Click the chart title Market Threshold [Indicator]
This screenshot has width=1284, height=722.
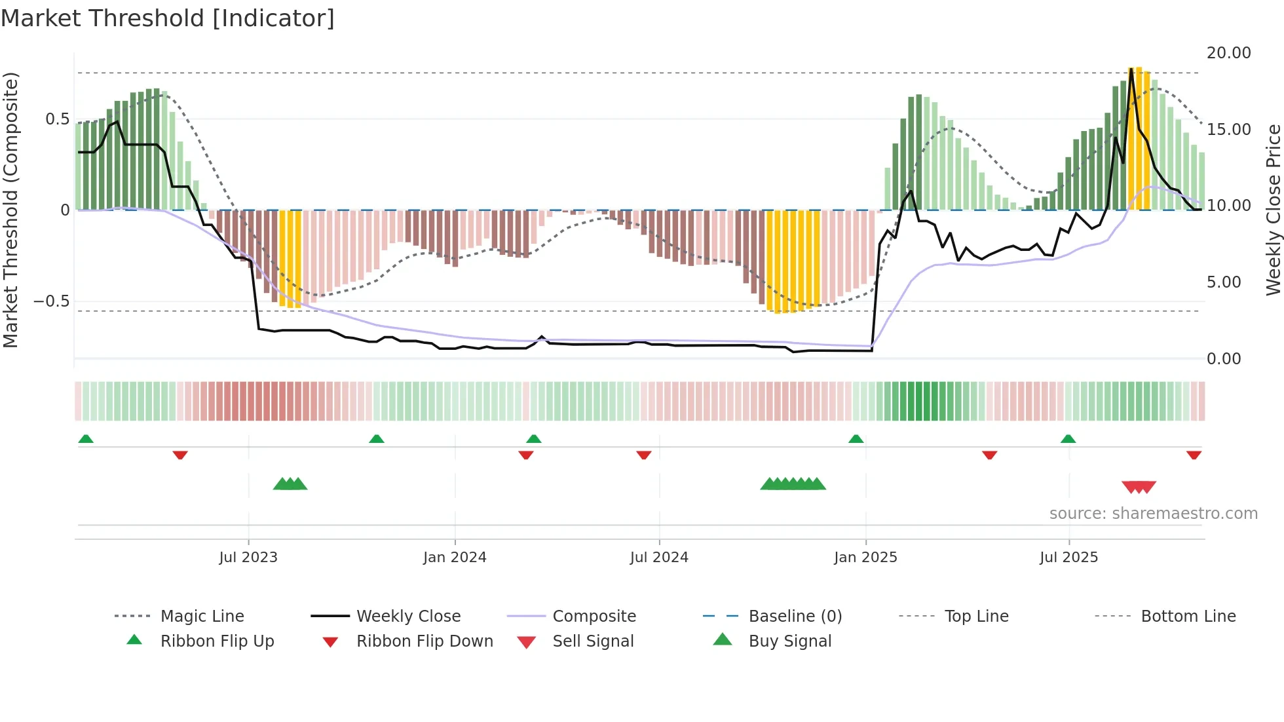coord(168,18)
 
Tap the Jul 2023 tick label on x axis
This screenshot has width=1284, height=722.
coord(248,558)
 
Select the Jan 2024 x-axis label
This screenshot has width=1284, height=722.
coord(455,558)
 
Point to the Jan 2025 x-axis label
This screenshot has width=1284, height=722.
coord(865,558)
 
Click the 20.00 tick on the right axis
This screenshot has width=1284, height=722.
coord(1228,53)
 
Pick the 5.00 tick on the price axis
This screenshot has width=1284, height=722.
coord(1223,282)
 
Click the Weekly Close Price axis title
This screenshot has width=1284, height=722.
coord(1273,210)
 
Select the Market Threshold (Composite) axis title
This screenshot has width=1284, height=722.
coord(10,210)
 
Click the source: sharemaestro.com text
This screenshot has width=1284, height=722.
coord(1153,514)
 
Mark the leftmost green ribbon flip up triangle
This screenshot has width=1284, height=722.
coord(86,439)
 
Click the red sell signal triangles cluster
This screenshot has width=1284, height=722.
coord(1139,487)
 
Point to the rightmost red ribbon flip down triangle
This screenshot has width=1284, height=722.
coord(1194,455)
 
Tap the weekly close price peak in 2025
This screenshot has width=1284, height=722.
coord(1131,69)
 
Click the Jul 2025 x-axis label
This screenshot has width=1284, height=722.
coord(1068,558)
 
